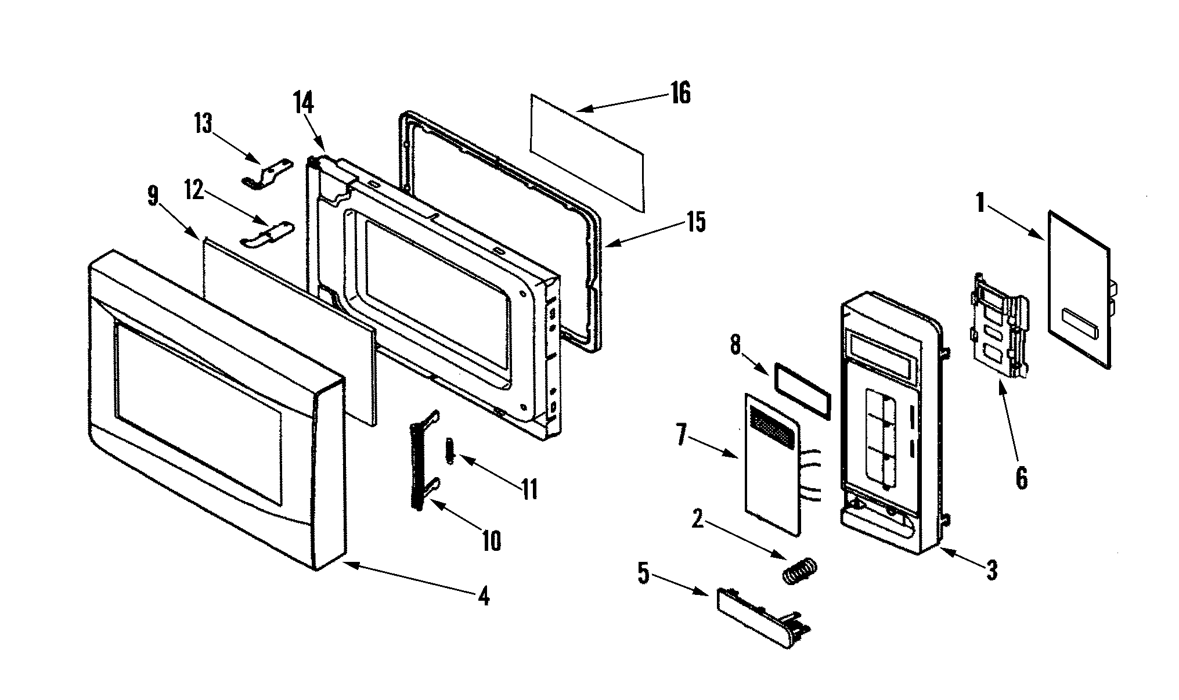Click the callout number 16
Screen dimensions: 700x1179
tap(680, 93)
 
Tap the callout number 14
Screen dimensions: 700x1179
tap(303, 104)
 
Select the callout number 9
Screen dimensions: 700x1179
tap(152, 196)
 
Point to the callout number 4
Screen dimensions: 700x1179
tap(483, 596)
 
